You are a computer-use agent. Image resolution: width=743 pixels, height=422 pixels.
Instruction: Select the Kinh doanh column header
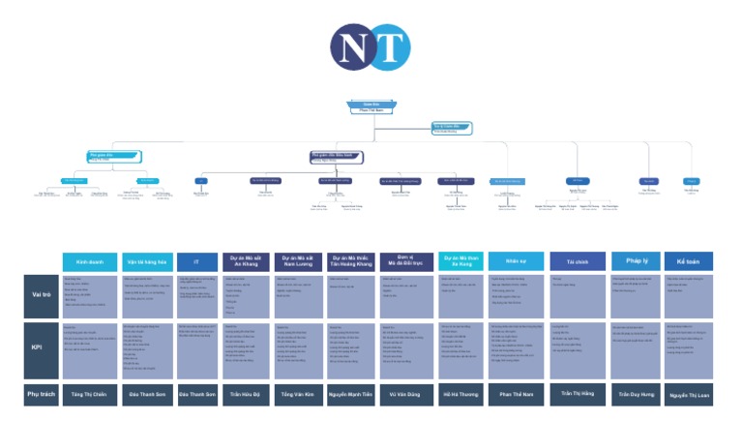[89, 261]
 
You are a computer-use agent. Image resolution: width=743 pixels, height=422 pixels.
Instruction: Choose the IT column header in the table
[196, 261]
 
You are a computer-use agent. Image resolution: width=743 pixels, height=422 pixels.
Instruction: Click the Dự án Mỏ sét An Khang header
[247, 260]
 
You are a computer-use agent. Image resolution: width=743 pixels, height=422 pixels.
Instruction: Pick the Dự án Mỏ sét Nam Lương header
[298, 260]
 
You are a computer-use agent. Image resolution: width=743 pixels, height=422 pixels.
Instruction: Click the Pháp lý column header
[637, 260]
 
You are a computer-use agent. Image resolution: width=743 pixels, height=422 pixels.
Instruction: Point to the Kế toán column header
[690, 260]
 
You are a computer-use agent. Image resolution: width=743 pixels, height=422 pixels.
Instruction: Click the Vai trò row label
[40, 295]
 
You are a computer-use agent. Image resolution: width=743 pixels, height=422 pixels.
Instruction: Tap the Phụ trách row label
[40, 395]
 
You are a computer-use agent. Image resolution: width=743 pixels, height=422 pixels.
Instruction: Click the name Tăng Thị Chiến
[89, 395]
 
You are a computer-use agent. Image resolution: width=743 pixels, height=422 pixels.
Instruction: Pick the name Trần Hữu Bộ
[247, 395]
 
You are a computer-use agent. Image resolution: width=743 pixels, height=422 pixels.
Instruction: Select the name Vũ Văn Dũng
[406, 395]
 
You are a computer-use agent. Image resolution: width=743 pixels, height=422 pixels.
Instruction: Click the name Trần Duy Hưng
[637, 395]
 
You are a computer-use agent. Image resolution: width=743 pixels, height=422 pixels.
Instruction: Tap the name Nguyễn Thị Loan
[690, 395]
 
